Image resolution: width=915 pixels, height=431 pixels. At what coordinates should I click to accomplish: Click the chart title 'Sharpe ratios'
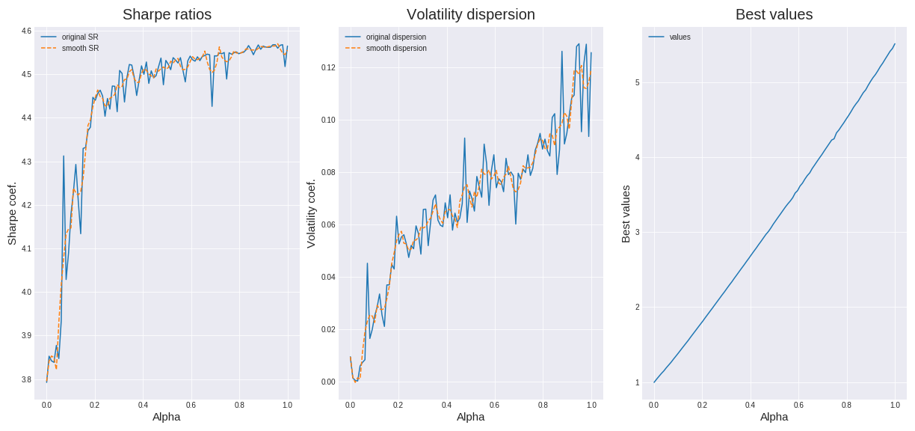(x=167, y=14)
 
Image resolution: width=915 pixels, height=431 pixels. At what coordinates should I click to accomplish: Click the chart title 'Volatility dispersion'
(x=470, y=14)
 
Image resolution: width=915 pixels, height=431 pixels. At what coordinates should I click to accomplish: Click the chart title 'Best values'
(x=774, y=14)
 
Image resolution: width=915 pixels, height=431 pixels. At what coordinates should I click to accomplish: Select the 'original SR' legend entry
(x=79, y=37)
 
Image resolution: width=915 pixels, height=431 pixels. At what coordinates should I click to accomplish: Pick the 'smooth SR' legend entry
(x=79, y=48)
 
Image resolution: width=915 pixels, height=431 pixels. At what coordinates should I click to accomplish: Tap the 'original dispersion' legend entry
(x=395, y=37)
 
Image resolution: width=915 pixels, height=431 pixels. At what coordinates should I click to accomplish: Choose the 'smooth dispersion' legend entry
(x=395, y=48)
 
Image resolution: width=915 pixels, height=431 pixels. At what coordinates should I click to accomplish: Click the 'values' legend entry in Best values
(x=680, y=37)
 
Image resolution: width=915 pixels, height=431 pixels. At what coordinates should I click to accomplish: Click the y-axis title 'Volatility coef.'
(x=311, y=213)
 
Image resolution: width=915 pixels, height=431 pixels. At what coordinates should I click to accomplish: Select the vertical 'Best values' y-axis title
(x=626, y=213)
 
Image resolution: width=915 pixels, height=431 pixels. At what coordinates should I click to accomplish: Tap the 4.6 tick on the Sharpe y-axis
(x=26, y=31)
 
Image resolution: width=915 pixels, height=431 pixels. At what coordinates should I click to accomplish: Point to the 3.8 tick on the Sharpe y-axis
(x=26, y=379)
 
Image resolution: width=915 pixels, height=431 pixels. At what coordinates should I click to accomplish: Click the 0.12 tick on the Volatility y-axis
(x=327, y=67)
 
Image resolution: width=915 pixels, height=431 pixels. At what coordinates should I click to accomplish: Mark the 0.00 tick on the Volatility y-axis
(x=327, y=382)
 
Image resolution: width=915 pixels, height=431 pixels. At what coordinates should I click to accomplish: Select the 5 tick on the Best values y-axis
(x=638, y=82)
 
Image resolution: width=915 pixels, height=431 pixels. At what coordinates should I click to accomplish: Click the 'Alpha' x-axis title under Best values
(x=774, y=417)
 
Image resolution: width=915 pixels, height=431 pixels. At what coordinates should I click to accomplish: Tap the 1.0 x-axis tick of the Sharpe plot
(x=288, y=405)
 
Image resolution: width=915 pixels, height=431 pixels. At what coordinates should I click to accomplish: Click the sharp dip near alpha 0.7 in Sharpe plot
(x=212, y=106)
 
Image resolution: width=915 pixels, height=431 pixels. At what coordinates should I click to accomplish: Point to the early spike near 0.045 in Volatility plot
(x=367, y=263)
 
